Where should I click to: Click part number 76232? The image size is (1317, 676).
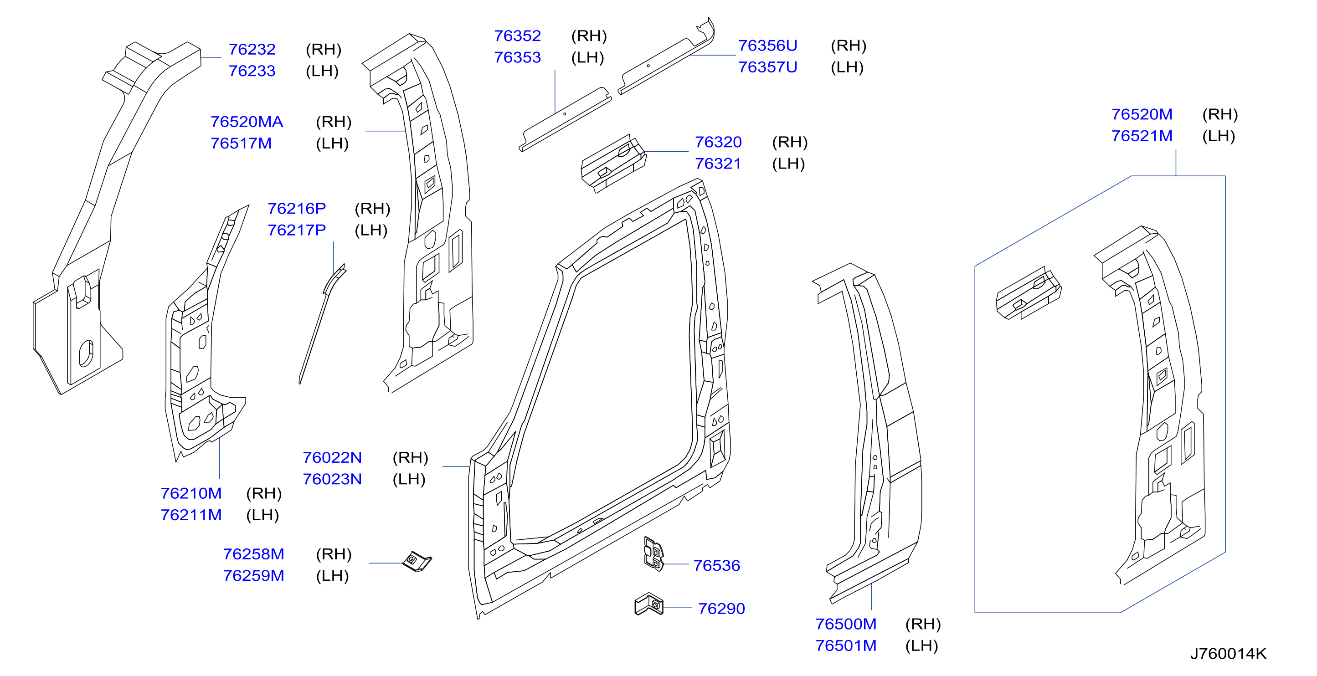(252, 50)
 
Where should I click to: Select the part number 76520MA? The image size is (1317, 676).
(247, 122)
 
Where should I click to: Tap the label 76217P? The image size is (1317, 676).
(297, 230)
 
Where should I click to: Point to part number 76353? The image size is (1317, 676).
(517, 58)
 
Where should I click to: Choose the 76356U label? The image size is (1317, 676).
(767, 46)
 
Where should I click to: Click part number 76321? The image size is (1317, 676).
(718, 164)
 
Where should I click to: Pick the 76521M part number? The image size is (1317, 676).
(1142, 136)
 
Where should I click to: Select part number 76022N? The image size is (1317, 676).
(332, 458)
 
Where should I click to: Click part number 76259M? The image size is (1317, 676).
(253, 576)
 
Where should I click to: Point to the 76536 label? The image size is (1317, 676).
(716, 566)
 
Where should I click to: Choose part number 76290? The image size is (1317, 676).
(721, 609)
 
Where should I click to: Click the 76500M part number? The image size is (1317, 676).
(846, 625)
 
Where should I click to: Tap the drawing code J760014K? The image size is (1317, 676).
(1228, 654)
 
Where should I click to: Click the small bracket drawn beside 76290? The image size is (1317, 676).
(649, 604)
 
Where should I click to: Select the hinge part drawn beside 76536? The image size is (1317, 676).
(653, 554)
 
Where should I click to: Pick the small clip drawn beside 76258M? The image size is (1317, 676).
(417, 562)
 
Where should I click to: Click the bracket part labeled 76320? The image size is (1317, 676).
(613, 163)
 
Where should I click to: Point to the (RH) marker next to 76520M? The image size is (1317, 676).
(1220, 114)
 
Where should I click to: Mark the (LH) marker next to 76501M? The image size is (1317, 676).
(921, 646)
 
